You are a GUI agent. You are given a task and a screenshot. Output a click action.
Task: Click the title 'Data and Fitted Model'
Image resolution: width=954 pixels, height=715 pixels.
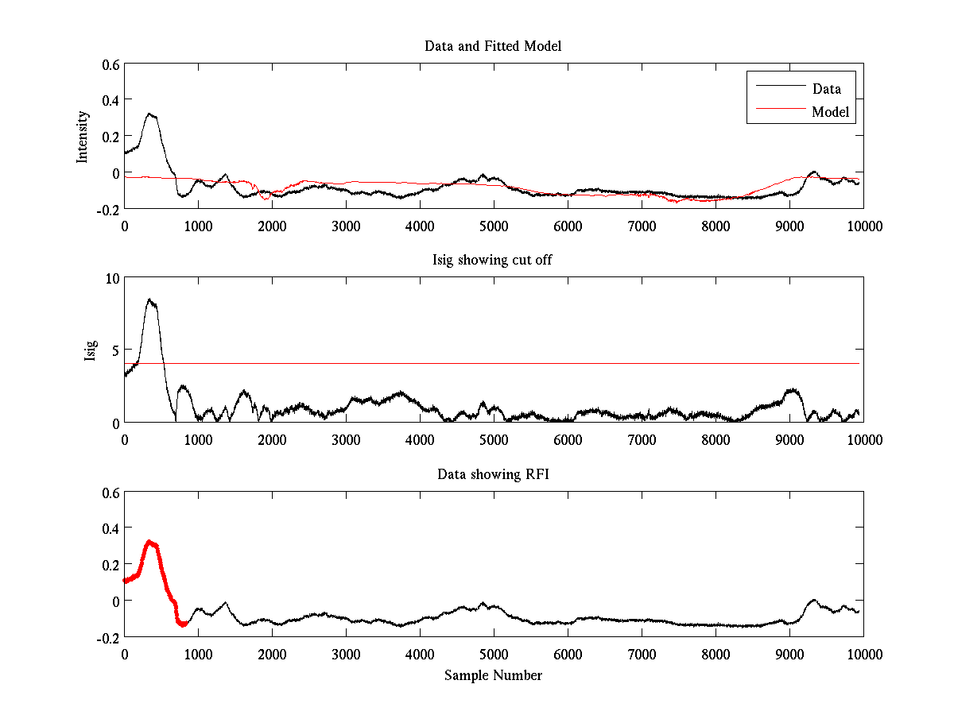(493, 46)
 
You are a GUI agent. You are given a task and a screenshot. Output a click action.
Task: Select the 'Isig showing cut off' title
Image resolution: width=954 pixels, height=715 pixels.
(493, 261)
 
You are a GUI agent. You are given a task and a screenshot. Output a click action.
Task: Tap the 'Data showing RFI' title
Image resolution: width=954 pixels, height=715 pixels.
(493, 474)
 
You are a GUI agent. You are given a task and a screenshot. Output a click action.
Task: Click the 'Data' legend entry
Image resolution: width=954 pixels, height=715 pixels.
(826, 88)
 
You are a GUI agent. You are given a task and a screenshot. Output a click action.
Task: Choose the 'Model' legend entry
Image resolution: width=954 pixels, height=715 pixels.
(830, 112)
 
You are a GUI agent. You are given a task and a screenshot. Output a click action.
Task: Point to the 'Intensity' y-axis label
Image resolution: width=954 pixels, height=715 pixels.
(82, 137)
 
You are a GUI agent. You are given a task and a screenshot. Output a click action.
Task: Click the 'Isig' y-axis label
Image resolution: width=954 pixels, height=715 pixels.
(90, 350)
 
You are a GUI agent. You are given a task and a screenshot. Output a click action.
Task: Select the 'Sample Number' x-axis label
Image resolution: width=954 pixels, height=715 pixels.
(493, 675)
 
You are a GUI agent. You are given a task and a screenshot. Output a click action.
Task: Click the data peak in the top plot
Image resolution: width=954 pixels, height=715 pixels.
(149, 114)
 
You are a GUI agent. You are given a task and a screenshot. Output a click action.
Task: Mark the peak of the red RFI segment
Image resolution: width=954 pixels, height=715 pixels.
(149, 542)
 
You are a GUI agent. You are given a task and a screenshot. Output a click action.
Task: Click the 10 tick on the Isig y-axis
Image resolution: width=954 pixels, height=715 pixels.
(111, 278)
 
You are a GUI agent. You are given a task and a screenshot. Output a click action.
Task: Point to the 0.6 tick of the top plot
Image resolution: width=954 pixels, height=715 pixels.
(109, 64)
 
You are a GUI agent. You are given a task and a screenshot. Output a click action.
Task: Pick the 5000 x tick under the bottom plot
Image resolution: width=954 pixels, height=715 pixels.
(493, 654)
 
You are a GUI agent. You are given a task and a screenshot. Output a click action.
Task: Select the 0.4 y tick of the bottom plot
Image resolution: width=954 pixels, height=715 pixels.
(109, 528)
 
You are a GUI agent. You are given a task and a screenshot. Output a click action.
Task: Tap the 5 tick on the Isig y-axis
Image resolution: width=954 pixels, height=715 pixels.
(114, 350)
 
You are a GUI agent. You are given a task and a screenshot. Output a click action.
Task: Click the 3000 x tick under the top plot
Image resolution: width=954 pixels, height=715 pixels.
(345, 226)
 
